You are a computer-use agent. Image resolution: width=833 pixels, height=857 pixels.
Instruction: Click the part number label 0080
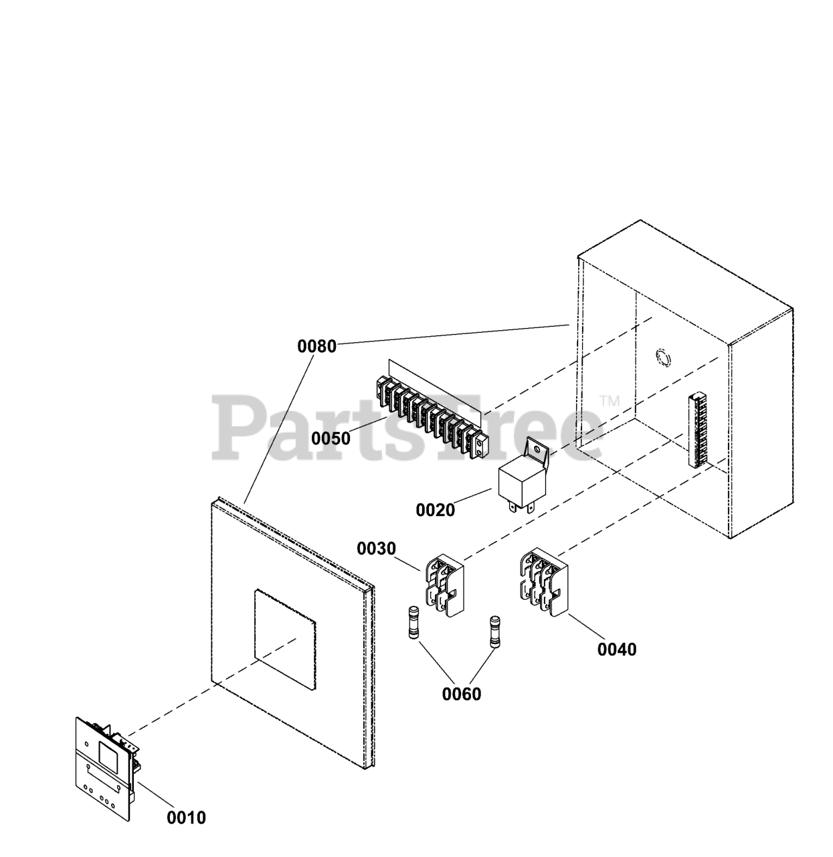click(316, 347)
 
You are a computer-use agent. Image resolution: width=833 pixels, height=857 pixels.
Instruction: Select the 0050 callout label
click(331, 439)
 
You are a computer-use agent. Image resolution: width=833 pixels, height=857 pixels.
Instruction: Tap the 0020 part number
click(435, 510)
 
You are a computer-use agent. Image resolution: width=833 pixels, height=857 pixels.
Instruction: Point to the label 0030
click(376, 549)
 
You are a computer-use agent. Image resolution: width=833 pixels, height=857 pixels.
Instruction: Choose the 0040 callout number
click(617, 649)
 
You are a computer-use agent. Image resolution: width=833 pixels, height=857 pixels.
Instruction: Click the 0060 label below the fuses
click(461, 694)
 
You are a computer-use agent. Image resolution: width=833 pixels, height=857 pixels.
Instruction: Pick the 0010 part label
click(187, 817)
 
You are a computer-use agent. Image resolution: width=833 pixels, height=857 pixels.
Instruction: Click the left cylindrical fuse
click(414, 623)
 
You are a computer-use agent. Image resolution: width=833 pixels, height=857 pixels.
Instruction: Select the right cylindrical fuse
click(496, 631)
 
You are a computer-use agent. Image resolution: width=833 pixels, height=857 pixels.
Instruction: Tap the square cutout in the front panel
click(284, 639)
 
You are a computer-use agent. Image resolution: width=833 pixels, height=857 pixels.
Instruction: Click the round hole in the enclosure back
click(662, 358)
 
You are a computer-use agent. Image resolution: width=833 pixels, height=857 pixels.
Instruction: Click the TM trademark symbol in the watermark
click(610, 401)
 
